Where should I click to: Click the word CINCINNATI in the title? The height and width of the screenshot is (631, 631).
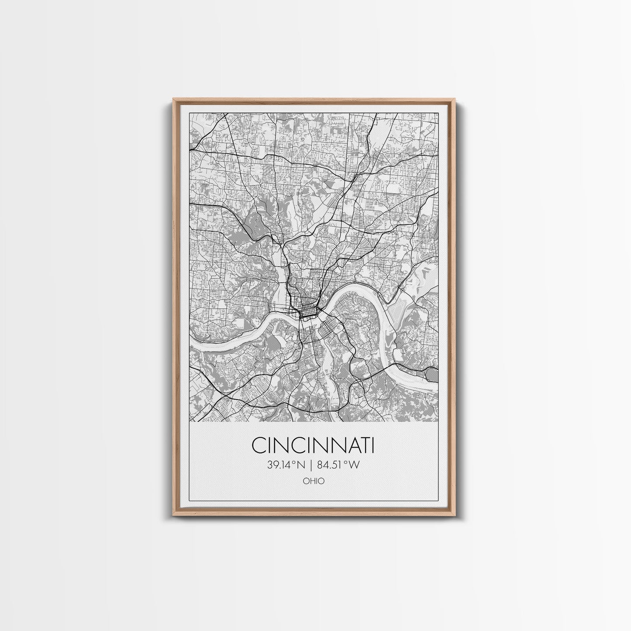point(313,445)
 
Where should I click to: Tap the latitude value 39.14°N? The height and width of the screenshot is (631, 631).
point(286,465)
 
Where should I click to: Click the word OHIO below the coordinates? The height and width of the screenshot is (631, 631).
point(314,481)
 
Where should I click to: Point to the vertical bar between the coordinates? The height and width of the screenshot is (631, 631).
point(310,465)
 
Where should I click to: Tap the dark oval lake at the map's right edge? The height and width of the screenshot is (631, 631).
point(432,374)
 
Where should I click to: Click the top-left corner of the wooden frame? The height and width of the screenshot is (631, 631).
point(173,100)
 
